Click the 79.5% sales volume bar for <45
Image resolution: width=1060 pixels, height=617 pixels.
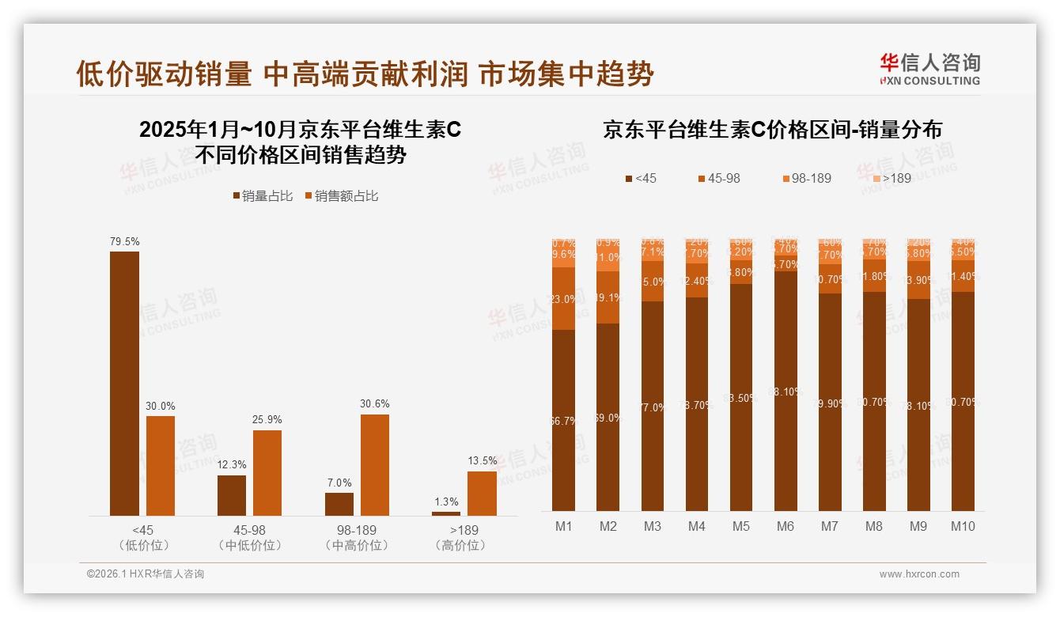point(124,384)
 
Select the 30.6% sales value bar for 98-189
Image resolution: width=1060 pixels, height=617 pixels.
point(375,465)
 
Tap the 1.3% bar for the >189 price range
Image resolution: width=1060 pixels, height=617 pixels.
point(445,513)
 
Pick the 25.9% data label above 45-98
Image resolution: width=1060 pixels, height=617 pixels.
point(267,419)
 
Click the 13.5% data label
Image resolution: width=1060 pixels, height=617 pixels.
point(482,460)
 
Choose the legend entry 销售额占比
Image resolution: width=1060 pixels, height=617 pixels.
point(341,195)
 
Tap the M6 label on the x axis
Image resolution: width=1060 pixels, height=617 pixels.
point(785,527)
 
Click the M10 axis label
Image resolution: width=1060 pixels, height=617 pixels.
point(963,527)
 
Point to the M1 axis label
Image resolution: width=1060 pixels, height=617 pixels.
point(563,527)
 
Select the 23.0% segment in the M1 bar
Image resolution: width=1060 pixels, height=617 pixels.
point(563,298)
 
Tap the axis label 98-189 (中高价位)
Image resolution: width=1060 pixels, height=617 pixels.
point(356,537)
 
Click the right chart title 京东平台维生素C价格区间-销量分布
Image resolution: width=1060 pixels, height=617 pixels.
point(772,130)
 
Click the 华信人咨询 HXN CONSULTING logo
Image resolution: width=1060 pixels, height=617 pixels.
point(929,69)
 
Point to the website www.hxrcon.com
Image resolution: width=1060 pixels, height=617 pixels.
point(918,574)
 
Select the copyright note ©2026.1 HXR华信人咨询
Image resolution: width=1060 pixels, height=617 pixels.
point(145,574)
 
